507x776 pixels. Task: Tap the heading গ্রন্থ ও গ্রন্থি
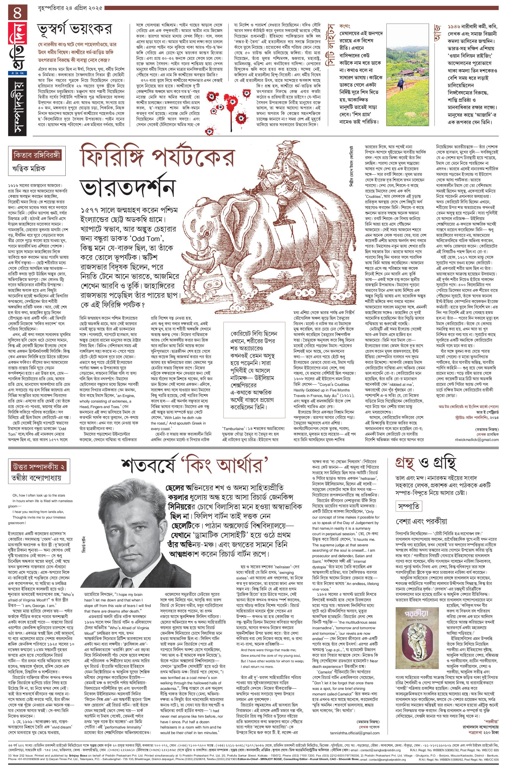(x=425, y=464)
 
